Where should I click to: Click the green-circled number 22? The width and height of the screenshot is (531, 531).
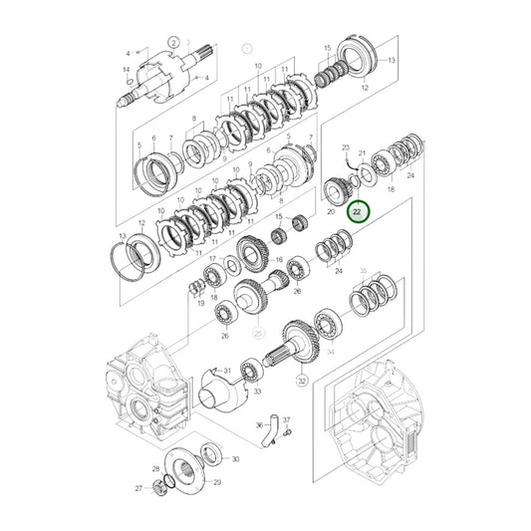(x=357, y=212)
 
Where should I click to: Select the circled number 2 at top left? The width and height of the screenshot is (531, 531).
(x=172, y=42)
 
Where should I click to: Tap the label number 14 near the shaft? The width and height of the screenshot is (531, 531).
(x=126, y=69)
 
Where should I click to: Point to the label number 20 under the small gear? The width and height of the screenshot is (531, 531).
(x=331, y=211)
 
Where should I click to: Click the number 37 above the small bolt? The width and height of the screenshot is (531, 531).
(x=286, y=419)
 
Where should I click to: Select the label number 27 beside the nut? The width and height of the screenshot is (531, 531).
(x=139, y=489)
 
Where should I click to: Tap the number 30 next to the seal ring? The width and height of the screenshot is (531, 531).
(x=235, y=459)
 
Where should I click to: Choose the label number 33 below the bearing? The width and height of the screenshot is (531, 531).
(x=257, y=393)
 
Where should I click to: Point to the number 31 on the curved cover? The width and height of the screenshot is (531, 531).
(x=227, y=371)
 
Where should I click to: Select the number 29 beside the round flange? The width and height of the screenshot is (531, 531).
(x=217, y=482)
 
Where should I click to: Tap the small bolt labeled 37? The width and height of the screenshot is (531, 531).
(x=287, y=432)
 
